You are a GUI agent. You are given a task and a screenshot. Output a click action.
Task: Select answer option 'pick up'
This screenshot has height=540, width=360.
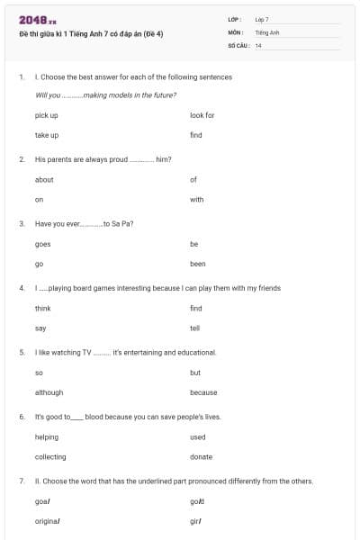47,115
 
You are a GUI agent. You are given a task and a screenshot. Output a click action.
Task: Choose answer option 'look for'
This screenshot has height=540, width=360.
202,115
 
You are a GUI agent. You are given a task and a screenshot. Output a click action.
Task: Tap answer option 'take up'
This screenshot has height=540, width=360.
47,135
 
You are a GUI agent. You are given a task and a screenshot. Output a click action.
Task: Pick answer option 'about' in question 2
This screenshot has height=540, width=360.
44,180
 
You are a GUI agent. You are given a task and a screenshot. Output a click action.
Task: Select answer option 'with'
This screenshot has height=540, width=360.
197,200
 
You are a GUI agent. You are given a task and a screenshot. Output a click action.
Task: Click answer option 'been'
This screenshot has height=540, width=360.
198,264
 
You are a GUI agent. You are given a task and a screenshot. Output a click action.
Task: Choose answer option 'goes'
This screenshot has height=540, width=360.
43,244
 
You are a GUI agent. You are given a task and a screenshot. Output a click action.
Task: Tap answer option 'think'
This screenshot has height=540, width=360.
43,308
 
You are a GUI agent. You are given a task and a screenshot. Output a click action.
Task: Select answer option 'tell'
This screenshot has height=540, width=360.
195,328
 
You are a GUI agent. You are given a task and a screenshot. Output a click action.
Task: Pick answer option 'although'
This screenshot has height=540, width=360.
49,392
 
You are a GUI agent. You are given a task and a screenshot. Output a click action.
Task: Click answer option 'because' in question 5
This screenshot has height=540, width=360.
203,392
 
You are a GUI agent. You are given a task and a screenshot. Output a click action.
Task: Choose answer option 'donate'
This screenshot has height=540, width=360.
202,457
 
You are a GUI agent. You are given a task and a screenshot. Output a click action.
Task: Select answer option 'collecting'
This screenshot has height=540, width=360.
50,457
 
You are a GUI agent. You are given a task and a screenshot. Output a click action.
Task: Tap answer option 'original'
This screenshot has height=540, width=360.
48,521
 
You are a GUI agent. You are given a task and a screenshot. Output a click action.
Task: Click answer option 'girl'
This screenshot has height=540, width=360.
195,521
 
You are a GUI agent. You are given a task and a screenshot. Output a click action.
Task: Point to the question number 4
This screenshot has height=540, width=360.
21,288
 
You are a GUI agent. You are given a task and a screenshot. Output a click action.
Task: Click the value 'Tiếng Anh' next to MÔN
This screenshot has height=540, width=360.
267,31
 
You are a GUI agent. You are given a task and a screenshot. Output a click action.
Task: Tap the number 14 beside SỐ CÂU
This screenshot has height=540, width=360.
258,45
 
